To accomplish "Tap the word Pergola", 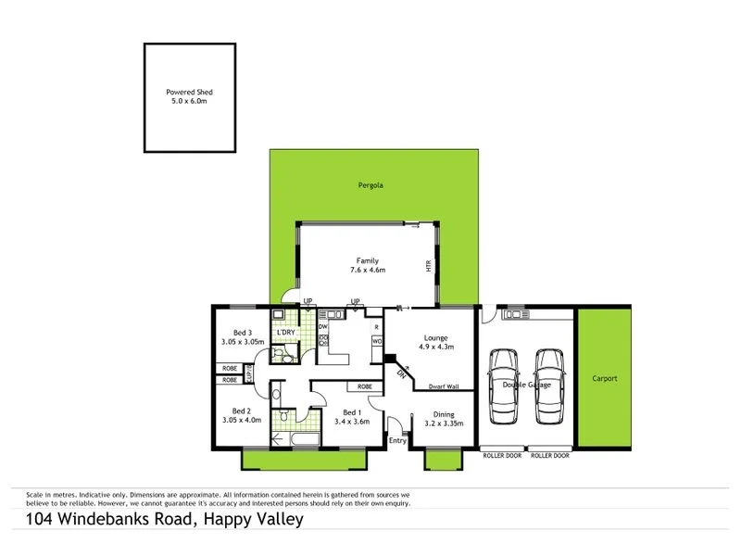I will [x=370, y=185].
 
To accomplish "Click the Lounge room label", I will [x=436, y=338].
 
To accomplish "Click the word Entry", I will [x=397, y=441].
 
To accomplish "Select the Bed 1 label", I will [x=352, y=412].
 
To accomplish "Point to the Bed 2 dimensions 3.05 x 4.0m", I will [x=241, y=420].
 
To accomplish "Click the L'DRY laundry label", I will [x=286, y=333].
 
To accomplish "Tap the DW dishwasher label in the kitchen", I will [x=323, y=327].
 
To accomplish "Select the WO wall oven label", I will [x=377, y=341].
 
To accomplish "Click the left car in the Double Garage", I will [x=504, y=385].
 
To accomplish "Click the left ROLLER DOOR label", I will [x=501, y=456].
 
